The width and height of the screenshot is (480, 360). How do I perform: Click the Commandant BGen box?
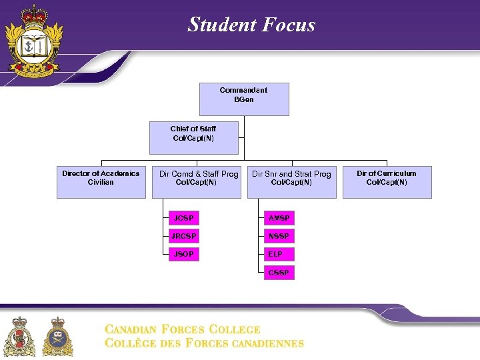click(244, 99)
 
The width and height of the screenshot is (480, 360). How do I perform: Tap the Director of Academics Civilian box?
click(101, 182)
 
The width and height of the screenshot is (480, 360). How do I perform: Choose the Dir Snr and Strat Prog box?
click(291, 182)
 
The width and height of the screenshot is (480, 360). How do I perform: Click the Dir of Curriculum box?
click(387, 182)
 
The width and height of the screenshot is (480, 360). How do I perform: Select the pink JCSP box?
click(183, 218)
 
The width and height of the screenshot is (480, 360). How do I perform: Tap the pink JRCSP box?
click(183, 236)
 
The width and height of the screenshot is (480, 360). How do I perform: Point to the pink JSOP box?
click(183, 254)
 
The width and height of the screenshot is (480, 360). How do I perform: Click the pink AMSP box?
click(279, 218)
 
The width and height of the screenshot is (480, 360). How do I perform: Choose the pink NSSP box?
click(279, 236)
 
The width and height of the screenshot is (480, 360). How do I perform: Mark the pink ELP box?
click(279, 254)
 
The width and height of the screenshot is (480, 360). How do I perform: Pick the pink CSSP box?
click(279, 273)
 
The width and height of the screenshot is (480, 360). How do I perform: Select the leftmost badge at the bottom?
click(19, 337)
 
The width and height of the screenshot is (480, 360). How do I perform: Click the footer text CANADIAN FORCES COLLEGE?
click(182, 329)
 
